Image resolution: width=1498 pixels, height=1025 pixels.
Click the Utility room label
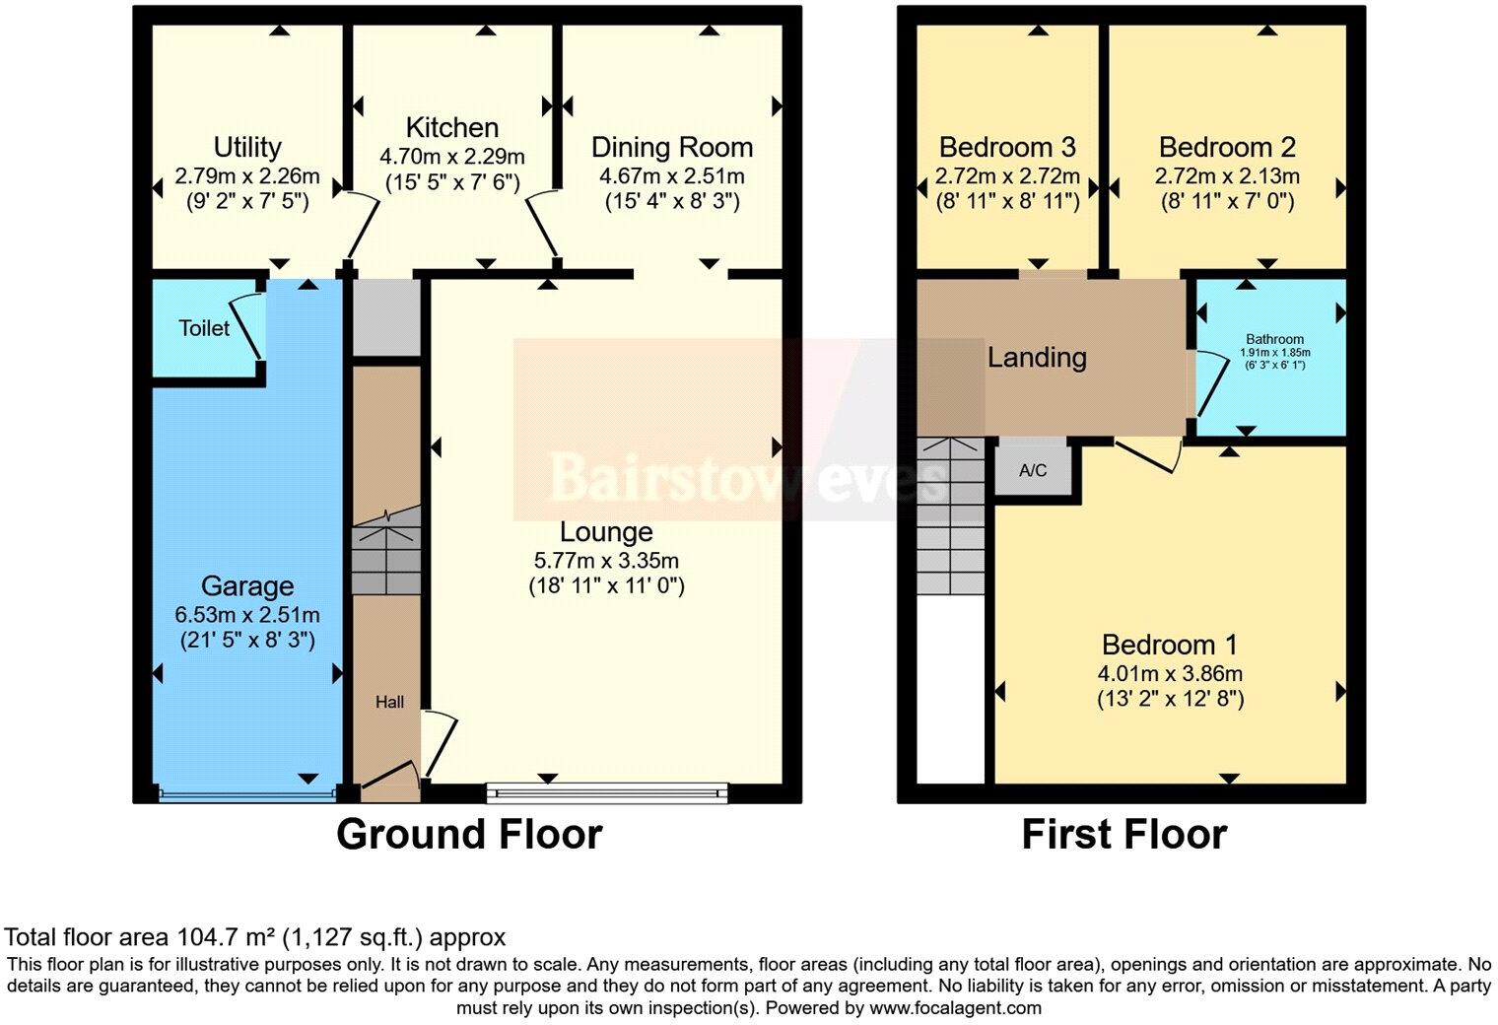point(247,148)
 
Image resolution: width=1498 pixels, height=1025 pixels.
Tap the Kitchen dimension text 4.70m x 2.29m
point(452,157)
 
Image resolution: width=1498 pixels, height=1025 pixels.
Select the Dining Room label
point(672,148)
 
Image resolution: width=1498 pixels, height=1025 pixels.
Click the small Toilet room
point(204,328)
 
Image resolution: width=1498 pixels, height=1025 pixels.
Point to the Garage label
point(247,586)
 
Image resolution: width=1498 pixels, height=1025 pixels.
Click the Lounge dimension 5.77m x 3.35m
point(606,561)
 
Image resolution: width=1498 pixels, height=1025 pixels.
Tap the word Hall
point(389,703)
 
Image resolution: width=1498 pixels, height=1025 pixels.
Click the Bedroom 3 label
point(1007,148)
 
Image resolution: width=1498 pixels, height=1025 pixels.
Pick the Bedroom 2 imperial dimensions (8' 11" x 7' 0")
point(1227,202)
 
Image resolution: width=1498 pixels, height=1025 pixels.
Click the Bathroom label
point(1274,339)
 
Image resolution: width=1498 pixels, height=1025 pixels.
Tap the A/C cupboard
point(1032,470)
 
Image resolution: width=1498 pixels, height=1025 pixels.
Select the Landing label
point(1037,358)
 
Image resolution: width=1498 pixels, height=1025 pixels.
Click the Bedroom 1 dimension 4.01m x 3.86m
point(1170,674)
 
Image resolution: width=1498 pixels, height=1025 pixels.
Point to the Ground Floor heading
point(469,835)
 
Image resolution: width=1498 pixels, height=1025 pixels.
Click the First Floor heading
point(1123,835)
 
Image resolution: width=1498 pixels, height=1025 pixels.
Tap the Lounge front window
point(607,791)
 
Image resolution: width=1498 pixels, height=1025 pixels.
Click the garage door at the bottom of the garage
point(246,793)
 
